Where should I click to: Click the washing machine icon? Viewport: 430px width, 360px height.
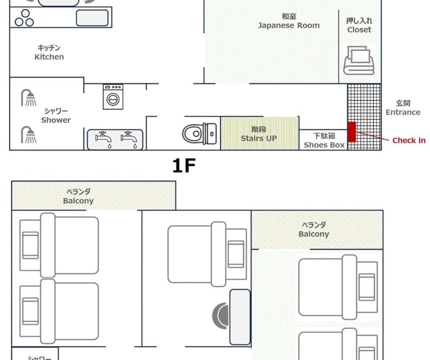(x=113, y=97)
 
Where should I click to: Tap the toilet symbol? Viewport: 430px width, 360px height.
(x=199, y=133)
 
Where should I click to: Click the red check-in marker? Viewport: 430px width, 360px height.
(x=352, y=132)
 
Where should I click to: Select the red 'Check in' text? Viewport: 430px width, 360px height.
(x=409, y=140)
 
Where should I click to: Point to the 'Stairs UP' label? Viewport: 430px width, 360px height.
(x=258, y=138)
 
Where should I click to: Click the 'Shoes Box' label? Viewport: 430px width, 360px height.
(x=324, y=145)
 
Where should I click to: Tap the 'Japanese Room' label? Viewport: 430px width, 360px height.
(x=289, y=25)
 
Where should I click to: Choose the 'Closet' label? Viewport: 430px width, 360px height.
(x=359, y=29)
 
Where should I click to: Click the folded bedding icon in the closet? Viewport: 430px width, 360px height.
(x=359, y=60)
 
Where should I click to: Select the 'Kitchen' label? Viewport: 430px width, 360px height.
(x=49, y=57)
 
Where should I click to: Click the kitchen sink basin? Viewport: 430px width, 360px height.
(x=92, y=18)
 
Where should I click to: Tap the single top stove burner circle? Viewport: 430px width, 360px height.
(x=25, y=13)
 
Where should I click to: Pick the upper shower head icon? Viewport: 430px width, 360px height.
(x=28, y=97)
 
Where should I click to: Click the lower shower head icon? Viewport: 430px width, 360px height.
(x=28, y=134)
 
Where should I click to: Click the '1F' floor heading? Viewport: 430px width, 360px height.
(x=183, y=165)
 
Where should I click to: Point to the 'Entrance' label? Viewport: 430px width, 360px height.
(x=403, y=112)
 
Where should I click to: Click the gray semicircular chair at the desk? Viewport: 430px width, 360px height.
(x=221, y=315)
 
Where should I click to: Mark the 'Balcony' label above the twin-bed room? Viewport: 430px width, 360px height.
(x=78, y=200)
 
